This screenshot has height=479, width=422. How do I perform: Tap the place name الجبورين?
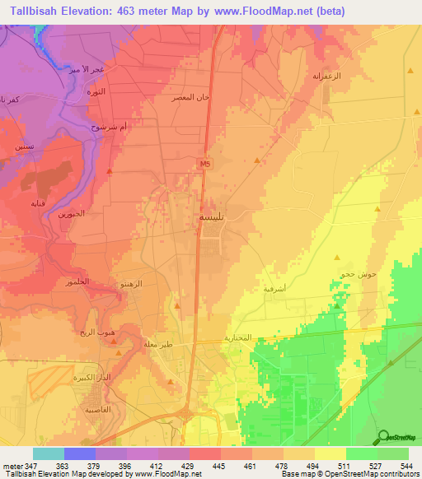pos(71,213)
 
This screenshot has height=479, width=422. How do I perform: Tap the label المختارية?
pos(237,338)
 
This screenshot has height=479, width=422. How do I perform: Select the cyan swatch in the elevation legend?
pos(48,453)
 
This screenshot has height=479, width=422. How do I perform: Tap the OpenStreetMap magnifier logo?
pos(385,437)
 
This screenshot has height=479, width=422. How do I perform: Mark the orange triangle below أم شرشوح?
pos(110,170)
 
